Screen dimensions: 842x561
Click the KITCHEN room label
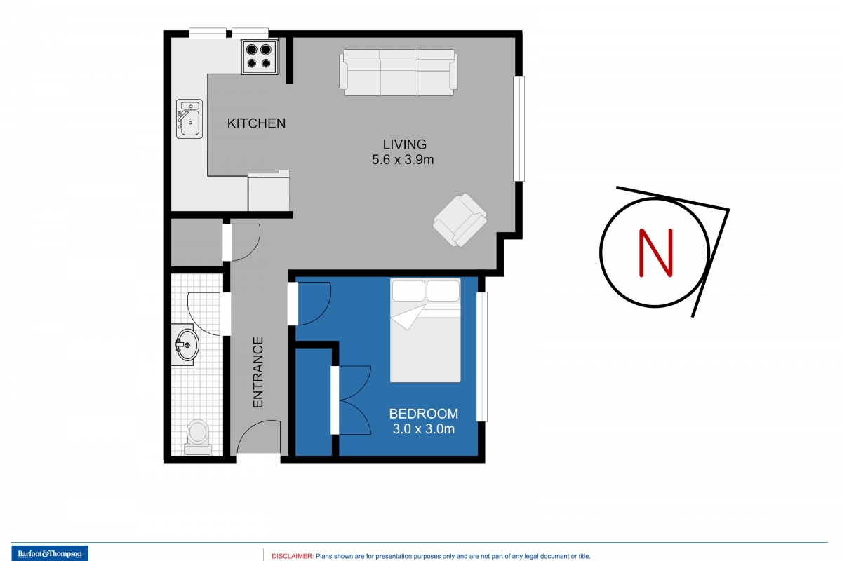(x=256, y=123)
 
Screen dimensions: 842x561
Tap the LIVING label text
(x=404, y=144)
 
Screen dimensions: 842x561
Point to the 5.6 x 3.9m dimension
(x=403, y=160)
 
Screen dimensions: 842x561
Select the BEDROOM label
(x=424, y=414)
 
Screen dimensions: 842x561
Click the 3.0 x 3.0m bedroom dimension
(x=424, y=428)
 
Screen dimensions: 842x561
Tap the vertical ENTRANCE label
(x=258, y=372)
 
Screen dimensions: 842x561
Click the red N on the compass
(x=656, y=253)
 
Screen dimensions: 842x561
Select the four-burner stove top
(x=260, y=57)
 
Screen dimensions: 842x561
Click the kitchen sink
(x=189, y=119)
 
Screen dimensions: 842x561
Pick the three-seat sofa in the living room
(x=399, y=72)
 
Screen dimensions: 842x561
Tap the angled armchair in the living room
(x=460, y=220)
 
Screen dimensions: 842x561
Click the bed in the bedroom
(x=425, y=330)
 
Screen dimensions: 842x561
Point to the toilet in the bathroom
(x=198, y=437)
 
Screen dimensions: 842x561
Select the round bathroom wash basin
(x=187, y=344)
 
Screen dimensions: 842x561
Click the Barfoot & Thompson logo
(x=50, y=553)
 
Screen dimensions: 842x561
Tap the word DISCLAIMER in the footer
(x=293, y=556)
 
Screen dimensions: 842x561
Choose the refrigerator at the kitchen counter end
(x=268, y=191)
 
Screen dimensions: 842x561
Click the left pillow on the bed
(x=408, y=291)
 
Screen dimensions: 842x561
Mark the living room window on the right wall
(x=519, y=129)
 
